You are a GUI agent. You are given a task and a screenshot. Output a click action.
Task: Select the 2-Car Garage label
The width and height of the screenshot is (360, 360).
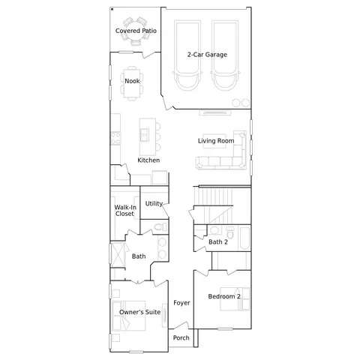click(x=207, y=55)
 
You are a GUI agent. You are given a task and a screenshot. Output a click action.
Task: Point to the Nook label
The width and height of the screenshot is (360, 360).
click(x=132, y=81)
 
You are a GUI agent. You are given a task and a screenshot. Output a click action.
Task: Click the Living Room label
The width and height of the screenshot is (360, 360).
click(x=216, y=140)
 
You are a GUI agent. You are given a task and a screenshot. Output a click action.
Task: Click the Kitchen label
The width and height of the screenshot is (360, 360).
click(x=148, y=160)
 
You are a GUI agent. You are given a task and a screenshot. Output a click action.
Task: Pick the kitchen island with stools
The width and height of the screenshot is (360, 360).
click(x=145, y=134)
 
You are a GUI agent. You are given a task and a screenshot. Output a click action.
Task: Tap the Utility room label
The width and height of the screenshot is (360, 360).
click(x=154, y=203)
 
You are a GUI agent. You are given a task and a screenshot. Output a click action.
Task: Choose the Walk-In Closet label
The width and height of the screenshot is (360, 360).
click(x=124, y=211)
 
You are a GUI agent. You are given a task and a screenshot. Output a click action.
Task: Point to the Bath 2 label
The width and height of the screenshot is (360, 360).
click(x=218, y=242)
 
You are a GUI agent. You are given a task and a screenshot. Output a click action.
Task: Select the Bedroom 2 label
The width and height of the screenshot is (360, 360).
click(x=223, y=296)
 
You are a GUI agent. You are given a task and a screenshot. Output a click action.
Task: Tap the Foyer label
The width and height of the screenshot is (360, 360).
click(x=181, y=302)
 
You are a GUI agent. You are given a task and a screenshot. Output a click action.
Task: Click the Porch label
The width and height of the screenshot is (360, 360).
click(x=181, y=337)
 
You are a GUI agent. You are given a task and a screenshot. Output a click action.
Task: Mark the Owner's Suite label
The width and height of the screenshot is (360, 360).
click(x=139, y=311)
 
